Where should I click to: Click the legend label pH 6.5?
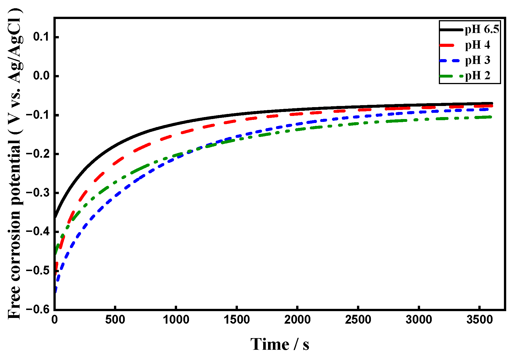pyautogui.click(x=482, y=30)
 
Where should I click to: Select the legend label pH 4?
pyautogui.click(x=477, y=45)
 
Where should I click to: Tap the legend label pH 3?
pyautogui.click(x=477, y=60)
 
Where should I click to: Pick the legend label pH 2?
pyautogui.click(x=477, y=76)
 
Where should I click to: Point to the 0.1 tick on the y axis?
pyautogui.click(x=42, y=37)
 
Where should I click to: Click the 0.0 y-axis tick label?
pyautogui.click(x=42, y=76)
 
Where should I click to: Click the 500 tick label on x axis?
pyautogui.click(x=115, y=320)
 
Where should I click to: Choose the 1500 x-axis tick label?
pyautogui.click(x=236, y=320)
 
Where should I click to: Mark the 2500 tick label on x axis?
pyautogui.click(x=358, y=320)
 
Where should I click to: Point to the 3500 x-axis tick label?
pyautogui.click(x=479, y=320)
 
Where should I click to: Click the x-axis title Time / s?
pyautogui.click(x=280, y=344)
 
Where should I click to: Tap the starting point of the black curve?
pyautogui.click(x=55, y=217)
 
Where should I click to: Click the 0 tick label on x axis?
pyautogui.click(x=54, y=320)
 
